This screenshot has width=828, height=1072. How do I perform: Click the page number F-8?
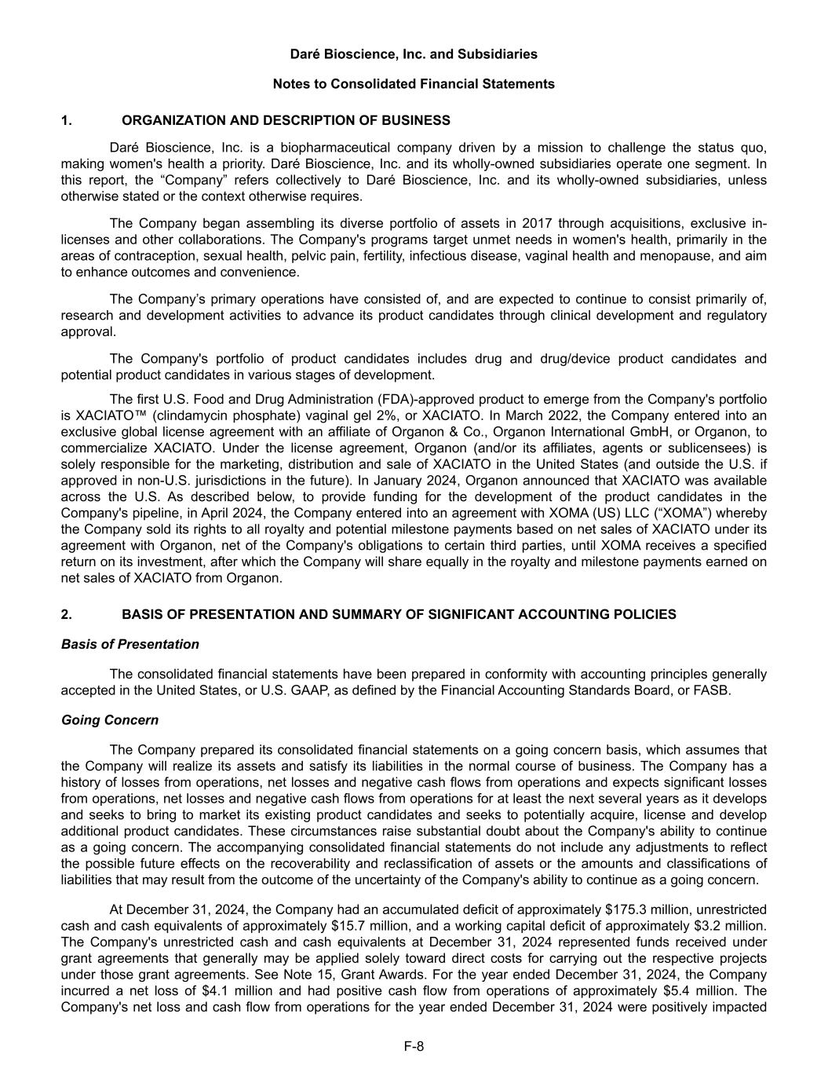[x=414, y=1045]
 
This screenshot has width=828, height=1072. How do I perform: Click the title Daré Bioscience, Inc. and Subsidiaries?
[x=414, y=54]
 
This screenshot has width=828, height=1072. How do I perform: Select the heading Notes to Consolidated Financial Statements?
[x=414, y=84]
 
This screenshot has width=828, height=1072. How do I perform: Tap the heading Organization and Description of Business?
[x=286, y=120]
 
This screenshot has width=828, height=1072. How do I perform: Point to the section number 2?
[x=66, y=614]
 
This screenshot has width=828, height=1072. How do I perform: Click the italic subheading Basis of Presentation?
[x=129, y=644]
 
